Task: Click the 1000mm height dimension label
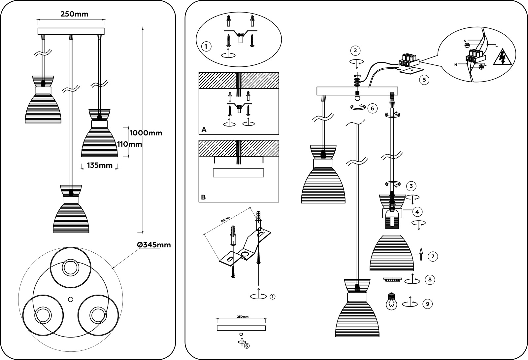coord(146,133)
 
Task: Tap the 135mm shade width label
coord(100,165)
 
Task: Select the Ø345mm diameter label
coord(154,245)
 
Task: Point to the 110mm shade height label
coord(130,144)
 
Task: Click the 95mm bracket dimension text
coord(225,220)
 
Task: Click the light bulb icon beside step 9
coord(391,301)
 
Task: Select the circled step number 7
coord(433,256)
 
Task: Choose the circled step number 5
coord(424,80)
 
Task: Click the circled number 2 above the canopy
coord(355,50)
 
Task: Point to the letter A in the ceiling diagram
coord(204,129)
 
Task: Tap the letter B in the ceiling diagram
coord(203,197)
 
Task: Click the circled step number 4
coord(417,212)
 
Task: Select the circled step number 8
coord(430,279)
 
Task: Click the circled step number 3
coord(411,186)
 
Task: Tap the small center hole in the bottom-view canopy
coord(71,299)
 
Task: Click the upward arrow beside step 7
coord(421,254)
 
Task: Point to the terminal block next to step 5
coord(409,61)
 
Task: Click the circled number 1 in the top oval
coord(206,47)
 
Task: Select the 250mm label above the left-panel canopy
coord(74,14)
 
